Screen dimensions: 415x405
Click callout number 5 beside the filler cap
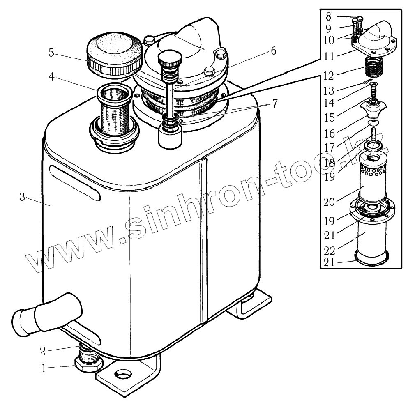(x=51, y=53)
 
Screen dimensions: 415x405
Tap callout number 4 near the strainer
(x=51, y=77)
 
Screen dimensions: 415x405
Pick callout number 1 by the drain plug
(x=44, y=368)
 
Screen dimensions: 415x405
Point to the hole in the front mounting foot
(x=122, y=375)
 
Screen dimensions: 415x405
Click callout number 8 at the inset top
(x=328, y=17)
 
